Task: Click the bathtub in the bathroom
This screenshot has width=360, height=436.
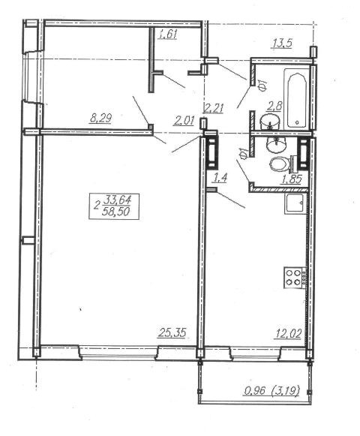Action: click(x=296, y=100)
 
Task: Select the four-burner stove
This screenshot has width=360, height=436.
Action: click(x=292, y=278)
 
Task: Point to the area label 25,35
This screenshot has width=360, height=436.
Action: click(x=172, y=332)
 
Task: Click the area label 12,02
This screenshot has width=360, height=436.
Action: click(x=288, y=333)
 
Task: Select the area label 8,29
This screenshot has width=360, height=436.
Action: click(x=100, y=119)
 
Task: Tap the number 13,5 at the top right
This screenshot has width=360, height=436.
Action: click(x=281, y=44)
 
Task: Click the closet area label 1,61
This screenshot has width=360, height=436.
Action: click(x=168, y=35)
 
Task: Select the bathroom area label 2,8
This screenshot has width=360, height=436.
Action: click(x=274, y=107)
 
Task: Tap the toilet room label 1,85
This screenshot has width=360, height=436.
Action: click(x=292, y=179)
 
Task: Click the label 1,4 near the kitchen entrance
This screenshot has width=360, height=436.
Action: click(x=219, y=177)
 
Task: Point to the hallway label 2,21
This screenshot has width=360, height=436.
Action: click(x=214, y=108)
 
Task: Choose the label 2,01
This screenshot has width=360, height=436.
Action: click(x=184, y=121)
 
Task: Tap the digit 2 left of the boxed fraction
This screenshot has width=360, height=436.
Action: click(x=97, y=206)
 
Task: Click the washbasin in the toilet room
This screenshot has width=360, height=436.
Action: click(x=276, y=145)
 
